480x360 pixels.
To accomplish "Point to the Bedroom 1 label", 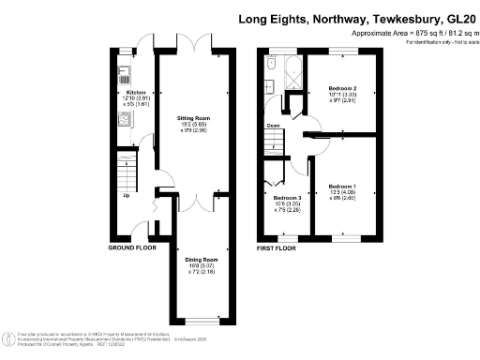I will click(341, 187).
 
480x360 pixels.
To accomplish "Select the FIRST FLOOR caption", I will click(277, 247).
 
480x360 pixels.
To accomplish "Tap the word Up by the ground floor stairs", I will click(127, 196).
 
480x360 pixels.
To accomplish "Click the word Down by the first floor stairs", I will click(273, 125).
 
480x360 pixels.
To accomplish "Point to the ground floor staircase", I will click(127, 174).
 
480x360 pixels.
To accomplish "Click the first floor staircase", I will click(273, 143).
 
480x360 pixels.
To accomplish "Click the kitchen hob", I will click(122, 119).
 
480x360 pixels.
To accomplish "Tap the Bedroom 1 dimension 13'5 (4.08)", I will click(341, 194).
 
